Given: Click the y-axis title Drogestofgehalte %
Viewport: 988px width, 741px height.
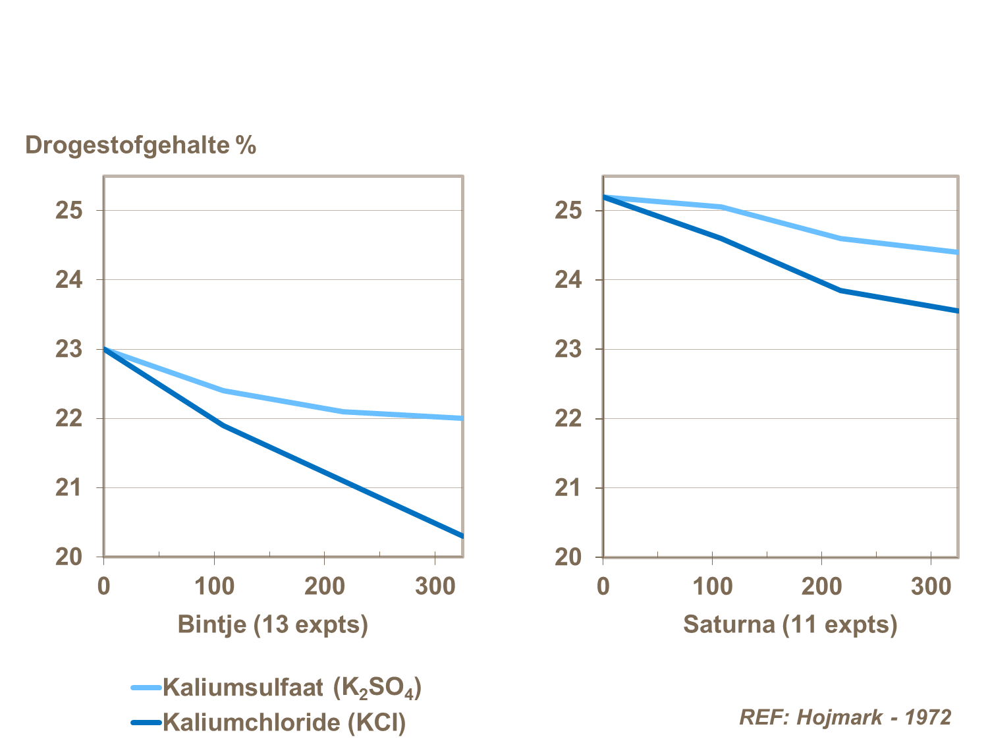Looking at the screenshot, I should (x=140, y=145).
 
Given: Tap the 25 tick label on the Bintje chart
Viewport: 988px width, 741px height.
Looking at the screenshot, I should (x=69, y=211).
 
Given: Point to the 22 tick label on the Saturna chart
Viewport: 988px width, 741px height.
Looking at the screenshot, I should (x=568, y=418).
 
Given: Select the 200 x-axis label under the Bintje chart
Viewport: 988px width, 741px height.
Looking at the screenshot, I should (x=324, y=586).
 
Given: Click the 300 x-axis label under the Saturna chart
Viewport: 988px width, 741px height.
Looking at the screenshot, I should (x=931, y=586).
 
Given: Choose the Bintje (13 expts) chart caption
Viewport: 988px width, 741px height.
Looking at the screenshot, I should (x=273, y=624).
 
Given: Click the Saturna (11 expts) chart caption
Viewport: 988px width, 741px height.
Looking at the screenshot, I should (x=790, y=624).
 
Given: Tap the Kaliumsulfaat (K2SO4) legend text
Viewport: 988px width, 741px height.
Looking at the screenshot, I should (x=292, y=687).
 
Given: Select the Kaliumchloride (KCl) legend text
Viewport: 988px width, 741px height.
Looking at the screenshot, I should (x=284, y=722).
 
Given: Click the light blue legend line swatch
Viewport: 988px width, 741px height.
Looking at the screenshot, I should (x=146, y=688).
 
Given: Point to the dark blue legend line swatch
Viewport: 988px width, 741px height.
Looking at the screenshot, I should (x=146, y=723).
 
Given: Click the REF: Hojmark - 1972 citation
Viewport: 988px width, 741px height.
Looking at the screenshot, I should (x=845, y=717).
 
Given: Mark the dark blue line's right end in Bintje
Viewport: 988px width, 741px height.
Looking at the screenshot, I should (x=462, y=535).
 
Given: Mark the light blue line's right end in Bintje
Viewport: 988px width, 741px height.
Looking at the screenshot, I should (x=462, y=418).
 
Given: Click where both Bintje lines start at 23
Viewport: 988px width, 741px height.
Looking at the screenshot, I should (x=105, y=349).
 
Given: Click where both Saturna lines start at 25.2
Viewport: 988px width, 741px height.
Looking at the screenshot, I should (x=604, y=197).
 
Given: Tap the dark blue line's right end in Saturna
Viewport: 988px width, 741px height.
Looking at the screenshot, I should (x=956, y=310).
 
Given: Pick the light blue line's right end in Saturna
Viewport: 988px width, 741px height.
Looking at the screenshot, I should (x=956, y=252).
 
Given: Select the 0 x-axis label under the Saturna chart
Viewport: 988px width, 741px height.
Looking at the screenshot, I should (x=603, y=586).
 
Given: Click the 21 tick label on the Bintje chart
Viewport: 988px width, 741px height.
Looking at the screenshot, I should (x=69, y=487).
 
